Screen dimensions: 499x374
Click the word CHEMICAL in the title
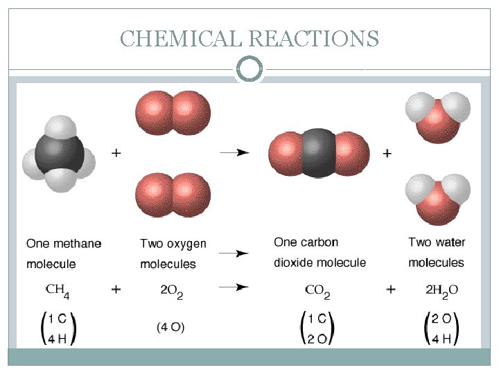coord(181,38)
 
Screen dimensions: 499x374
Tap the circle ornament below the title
coord(249,69)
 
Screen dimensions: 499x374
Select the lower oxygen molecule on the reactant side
coord(173,193)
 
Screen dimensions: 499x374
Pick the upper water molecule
coord(437,114)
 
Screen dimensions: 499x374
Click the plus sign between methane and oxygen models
coord(116,152)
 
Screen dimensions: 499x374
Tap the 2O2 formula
coord(170,290)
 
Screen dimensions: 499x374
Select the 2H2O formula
coord(437,290)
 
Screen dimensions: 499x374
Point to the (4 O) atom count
coord(170,326)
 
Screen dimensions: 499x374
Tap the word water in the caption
coord(451,242)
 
